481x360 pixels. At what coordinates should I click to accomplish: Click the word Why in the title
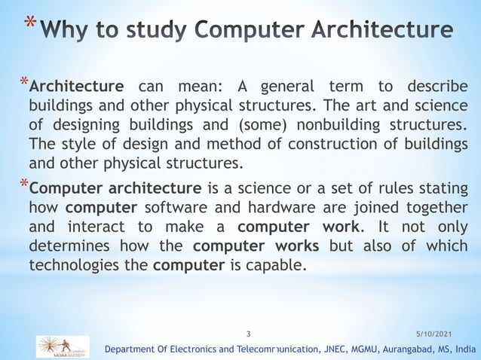pyautogui.click(x=63, y=31)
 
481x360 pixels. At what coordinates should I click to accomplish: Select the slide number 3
pyautogui.click(x=250, y=331)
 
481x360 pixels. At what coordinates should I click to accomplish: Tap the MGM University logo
pyautogui.click(x=63, y=347)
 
